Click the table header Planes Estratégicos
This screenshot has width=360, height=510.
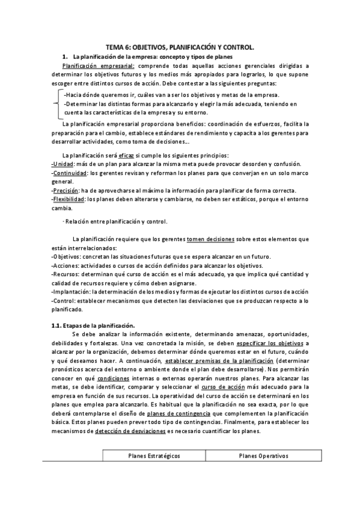(x=154, y=456)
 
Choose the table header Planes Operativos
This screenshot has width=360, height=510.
(x=263, y=456)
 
